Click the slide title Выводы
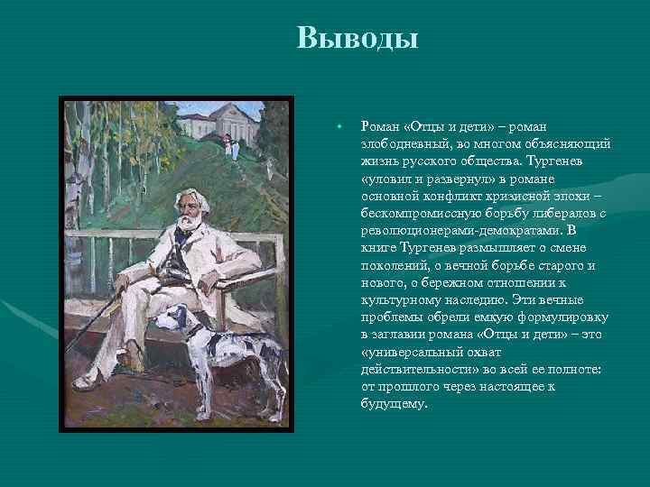pos(357,40)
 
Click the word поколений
pos(394,266)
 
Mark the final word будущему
pos(393,404)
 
